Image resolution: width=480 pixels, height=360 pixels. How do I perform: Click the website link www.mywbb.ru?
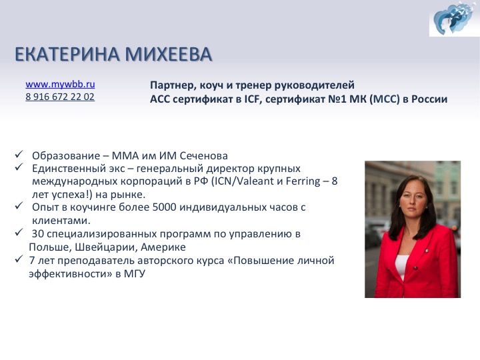coord(60,84)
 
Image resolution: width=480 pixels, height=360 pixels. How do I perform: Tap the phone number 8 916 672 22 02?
coord(60,97)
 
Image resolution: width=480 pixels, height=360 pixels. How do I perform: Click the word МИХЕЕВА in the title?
coord(169,54)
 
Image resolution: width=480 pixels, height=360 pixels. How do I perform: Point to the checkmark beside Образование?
coord(19,154)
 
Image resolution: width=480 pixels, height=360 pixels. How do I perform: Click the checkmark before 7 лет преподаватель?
coord(19,259)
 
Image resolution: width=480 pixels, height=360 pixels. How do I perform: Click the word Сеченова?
coord(203,156)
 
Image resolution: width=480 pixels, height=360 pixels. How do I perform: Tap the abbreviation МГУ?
coord(135,274)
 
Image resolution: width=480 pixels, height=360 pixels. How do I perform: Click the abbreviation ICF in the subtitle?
coord(252,99)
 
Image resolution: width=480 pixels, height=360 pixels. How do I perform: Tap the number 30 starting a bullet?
coord(38,234)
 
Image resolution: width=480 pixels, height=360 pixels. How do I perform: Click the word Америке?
coord(163,247)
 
